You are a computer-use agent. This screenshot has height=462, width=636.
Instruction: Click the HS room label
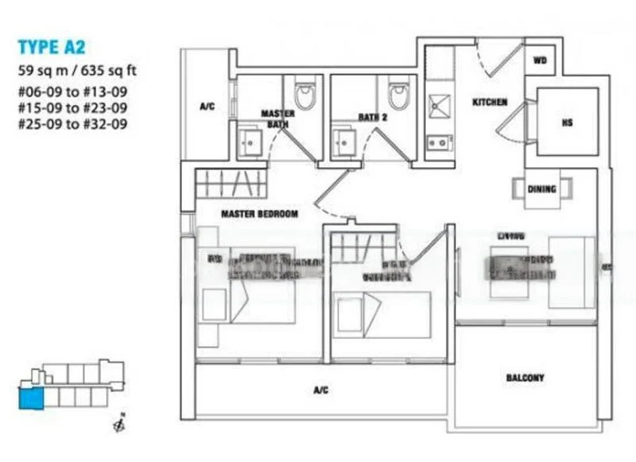click(567, 122)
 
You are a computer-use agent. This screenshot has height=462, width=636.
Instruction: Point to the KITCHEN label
click(490, 103)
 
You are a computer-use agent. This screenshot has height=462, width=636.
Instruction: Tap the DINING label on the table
click(541, 189)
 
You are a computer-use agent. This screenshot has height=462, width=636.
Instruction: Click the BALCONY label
click(525, 378)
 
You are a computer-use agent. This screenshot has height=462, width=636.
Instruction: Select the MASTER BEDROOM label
click(259, 214)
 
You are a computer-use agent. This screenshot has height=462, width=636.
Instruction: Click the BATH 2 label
click(371, 117)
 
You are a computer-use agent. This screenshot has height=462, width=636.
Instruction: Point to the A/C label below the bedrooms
click(320, 390)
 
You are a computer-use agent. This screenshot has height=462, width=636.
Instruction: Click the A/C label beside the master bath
click(207, 106)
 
